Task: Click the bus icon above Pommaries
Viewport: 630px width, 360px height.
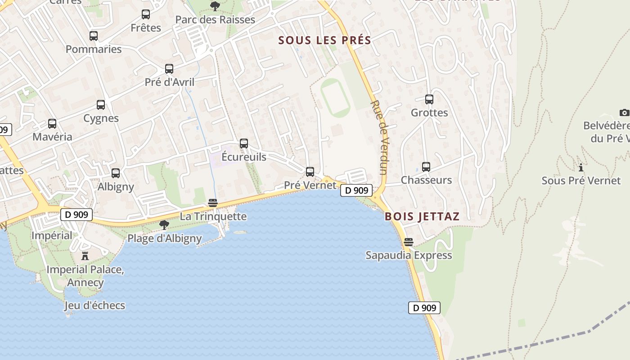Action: pos(94,36)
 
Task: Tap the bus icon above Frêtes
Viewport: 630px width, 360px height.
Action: pos(146,14)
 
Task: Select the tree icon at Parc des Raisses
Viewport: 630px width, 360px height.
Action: pos(215,6)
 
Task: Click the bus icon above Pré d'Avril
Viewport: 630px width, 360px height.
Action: pos(169,69)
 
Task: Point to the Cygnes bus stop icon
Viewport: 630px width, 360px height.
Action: pos(101,105)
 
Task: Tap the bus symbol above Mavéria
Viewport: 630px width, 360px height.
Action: pos(52,124)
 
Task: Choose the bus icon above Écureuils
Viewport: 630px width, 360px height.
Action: pos(244,144)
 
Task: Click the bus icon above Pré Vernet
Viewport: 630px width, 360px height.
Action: pos(310,171)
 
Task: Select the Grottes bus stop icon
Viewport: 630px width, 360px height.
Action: pos(429,99)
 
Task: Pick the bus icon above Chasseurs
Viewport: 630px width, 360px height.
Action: pos(426,167)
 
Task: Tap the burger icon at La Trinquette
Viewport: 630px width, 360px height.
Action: pos(213,203)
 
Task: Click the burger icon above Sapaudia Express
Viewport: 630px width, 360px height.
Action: pos(409,242)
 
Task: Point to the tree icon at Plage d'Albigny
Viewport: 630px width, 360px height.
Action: pos(164,225)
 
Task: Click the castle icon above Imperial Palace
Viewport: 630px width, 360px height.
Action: pos(85,256)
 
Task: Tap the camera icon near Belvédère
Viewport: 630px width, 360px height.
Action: pos(624,112)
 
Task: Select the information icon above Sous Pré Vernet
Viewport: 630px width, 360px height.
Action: pos(581,167)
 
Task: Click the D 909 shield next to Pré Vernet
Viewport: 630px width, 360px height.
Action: pos(356,190)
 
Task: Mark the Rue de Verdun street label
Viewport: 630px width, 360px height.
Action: pos(379,137)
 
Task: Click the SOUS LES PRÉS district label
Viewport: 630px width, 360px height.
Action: pos(324,40)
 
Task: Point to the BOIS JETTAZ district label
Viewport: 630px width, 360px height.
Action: pos(422,216)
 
